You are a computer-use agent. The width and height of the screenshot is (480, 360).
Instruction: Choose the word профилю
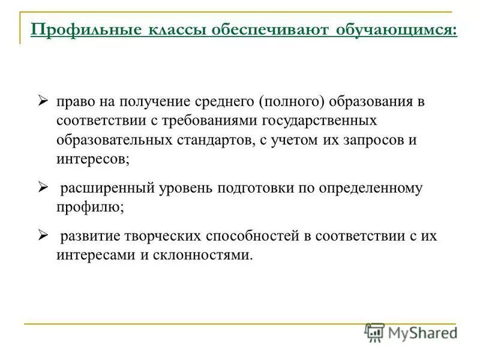90,207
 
